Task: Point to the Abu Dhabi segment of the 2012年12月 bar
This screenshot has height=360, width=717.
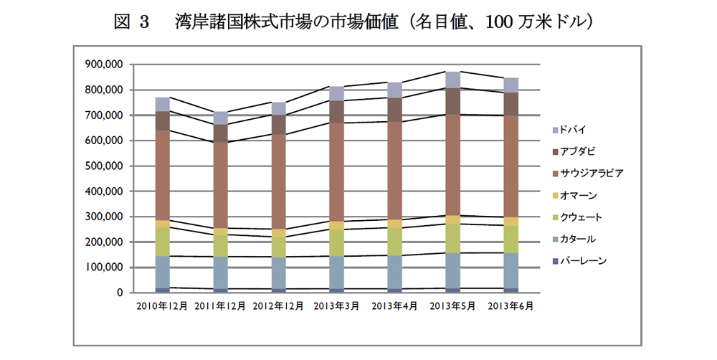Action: (x=278, y=124)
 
